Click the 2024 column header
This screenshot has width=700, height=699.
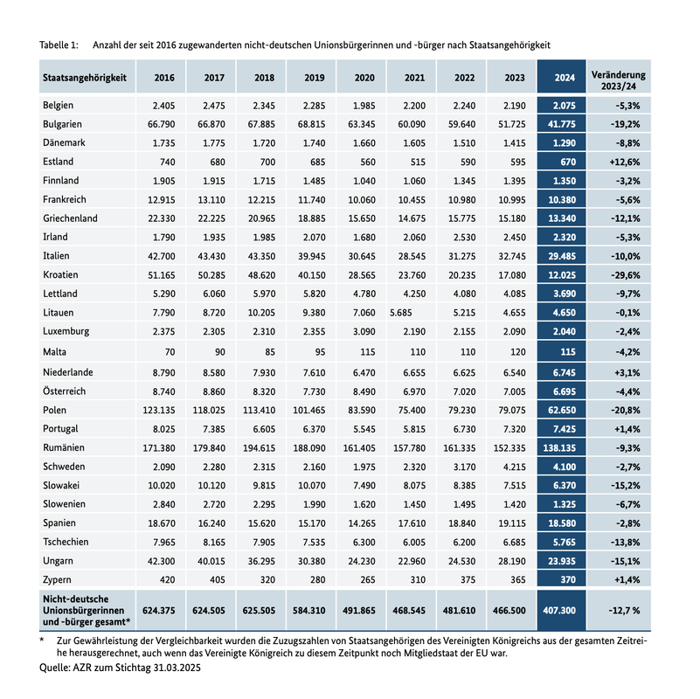click(x=564, y=77)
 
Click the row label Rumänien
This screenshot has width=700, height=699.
click(x=63, y=446)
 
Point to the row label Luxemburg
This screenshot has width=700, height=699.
click(x=66, y=332)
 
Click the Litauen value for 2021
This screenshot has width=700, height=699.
click(x=400, y=313)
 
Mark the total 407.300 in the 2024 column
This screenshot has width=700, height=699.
click(x=564, y=610)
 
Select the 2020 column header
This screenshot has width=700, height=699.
click(x=364, y=77)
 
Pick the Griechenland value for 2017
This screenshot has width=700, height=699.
click(x=213, y=218)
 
